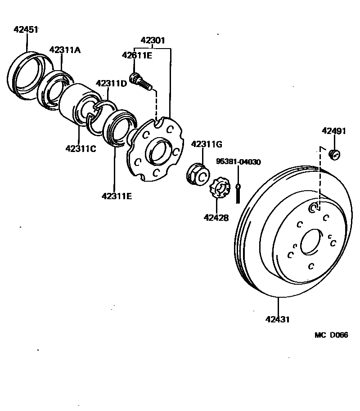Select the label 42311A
point(65,50)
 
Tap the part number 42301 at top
point(153,40)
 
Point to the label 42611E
point(137,55)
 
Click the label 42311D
point(111,84)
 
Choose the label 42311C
point(81,148)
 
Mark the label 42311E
point(117,196)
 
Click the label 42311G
point(207,144)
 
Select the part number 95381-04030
point(238,162)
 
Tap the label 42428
point(216,218)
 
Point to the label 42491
point(334,131)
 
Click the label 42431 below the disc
point(277,320)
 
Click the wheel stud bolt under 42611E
point(141,82)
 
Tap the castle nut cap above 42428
point(219,189)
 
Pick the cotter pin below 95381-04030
point(238,191)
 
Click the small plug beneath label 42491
point(334,154)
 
